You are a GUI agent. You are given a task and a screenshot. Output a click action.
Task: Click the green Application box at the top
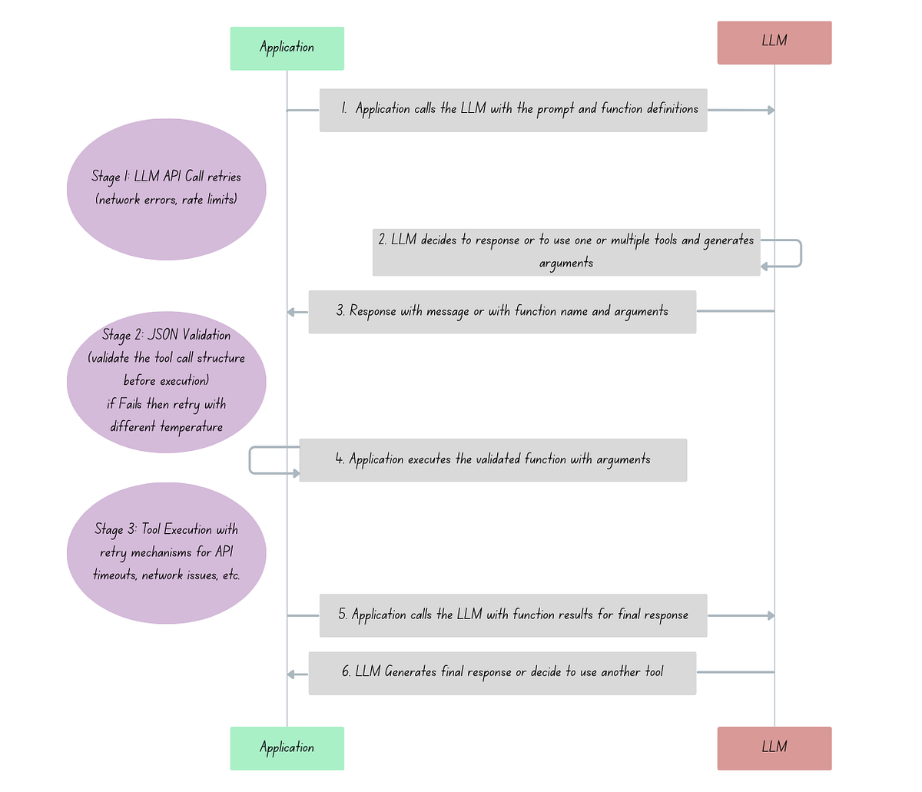(287, 48)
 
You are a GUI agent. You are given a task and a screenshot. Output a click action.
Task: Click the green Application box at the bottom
(287, 748)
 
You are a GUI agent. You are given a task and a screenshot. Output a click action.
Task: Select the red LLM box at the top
(774, 42)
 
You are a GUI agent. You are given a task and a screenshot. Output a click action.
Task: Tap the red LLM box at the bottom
(774, 748)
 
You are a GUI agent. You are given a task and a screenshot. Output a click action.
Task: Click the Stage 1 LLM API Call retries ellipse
(166, 189)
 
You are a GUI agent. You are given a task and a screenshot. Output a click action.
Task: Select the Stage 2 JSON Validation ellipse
(166, 382)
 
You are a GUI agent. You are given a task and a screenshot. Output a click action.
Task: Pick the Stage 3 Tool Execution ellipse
(166, 553)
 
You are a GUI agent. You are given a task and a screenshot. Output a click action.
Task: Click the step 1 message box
(512, 110)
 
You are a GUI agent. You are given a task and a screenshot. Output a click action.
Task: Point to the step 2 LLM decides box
(565, 252)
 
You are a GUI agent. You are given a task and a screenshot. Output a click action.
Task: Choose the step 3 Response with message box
(502, 312)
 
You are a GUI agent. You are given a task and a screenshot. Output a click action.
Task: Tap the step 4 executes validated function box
(493, 460)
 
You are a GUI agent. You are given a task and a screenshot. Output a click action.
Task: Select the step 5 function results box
(512, 615)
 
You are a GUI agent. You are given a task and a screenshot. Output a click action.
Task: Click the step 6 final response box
(502, 673)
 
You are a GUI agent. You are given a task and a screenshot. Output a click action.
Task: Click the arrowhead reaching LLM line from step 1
(771, 111)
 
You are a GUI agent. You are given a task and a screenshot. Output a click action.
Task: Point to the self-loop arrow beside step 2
(800, 254)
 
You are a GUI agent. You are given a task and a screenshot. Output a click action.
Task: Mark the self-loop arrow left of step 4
(250, 460)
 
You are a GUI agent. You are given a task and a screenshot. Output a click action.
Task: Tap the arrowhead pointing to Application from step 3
(292, 312)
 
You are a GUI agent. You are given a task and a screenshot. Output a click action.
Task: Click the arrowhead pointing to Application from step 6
(292, 674)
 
